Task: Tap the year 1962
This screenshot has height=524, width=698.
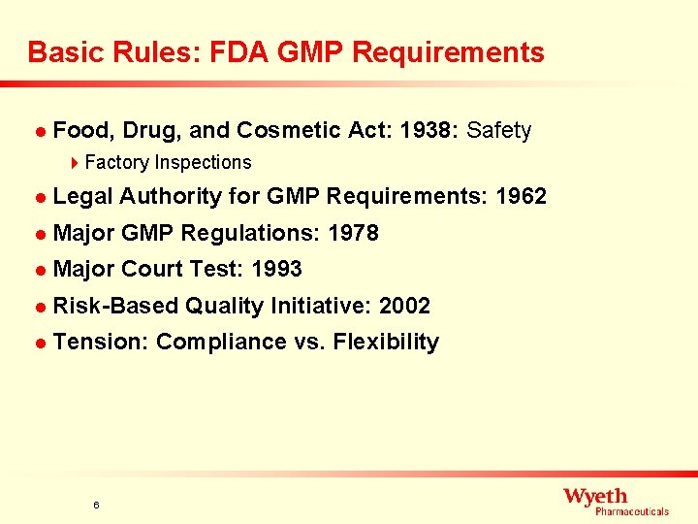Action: pyautogui.click(x=521, y=197)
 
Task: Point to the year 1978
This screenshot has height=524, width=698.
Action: pyautogui.click(x=353, y=233)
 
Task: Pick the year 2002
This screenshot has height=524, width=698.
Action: pyautogui.click(x=404, y=306)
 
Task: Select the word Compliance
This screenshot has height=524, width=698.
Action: pyautogui.click(x=221, y=342)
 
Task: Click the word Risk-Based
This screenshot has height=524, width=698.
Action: pyautogui.click(x=115, y=306)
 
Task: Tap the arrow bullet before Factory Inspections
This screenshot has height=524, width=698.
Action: pyautogui.click(x=78, y=163)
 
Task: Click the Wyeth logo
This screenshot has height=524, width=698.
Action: pyautogui.click(x=616, y=501)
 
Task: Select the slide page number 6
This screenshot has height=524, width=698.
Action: pyautogui.click(x=96, y=505)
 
